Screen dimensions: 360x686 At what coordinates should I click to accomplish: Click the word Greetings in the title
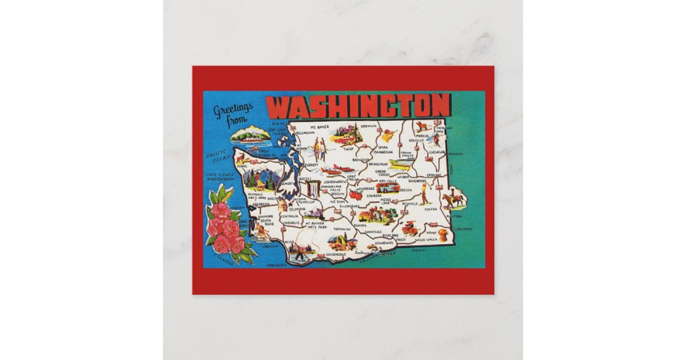(x=233, y=110)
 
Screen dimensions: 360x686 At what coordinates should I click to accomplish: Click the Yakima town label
(x=360, y=226)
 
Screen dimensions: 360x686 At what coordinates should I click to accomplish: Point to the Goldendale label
(x=336, y=253)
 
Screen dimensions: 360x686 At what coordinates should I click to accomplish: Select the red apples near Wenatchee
(x=356, y=195)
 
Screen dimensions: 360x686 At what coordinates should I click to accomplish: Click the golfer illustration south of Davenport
(x=423, y=193)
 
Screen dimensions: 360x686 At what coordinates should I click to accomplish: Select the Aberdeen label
(x=260, y=203)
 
